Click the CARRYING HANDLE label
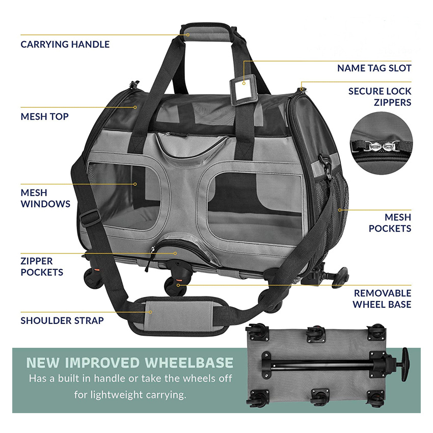pyautogui.click(x=65, y=44)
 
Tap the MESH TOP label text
pyautogui.click(x=44, y=117)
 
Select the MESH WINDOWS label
pyautogui.click(x=45, y=198)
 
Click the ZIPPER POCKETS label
pyautogui.click(x=42, y=266)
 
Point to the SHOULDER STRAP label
pyautogui.click(x=62, y=320)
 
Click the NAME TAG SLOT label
pyautogui.click(x=374, y=68)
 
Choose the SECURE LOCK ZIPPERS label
pyautogui.click(x=380, y=97)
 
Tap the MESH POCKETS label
pyautogui.click(x=390, y=223)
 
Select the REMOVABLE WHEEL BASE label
pyautogui.click(x=383, y=299)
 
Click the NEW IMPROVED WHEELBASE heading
pyautogui.click(x=130, y=363)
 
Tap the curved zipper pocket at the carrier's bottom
pyautogui.click(x=176, y=250)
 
